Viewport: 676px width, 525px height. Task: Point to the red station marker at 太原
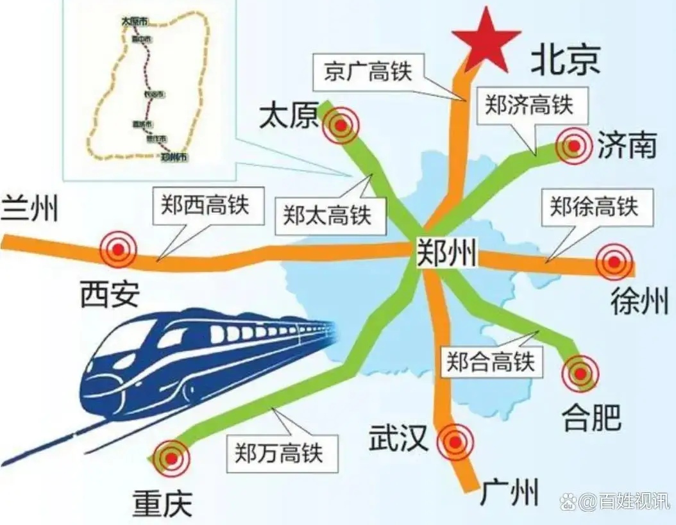click(341, 126)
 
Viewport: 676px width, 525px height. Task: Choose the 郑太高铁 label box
click(328, 214)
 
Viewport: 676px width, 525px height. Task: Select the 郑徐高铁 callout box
click(593, 207)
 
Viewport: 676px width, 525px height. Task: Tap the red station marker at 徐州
click(614, 262)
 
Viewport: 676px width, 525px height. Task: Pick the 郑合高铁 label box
click(491, 363)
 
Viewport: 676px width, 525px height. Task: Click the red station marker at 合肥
click(580, 372)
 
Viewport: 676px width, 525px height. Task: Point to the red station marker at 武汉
click(455, 442)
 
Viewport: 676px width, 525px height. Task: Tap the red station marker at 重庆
click(171, 458)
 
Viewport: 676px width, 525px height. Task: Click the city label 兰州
click(29, 210)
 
